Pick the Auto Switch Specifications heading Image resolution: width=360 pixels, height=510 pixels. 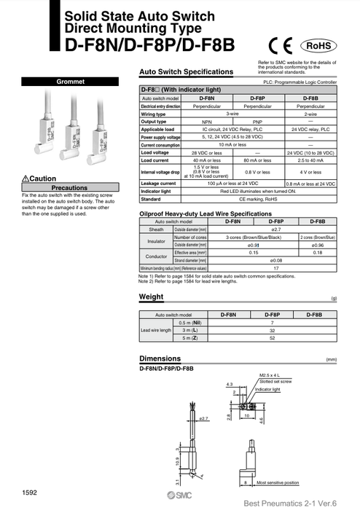[x=186, y=72]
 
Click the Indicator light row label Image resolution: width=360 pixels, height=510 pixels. [x=159, y=190]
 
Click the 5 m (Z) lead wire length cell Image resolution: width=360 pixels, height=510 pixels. [x=184, y=338]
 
